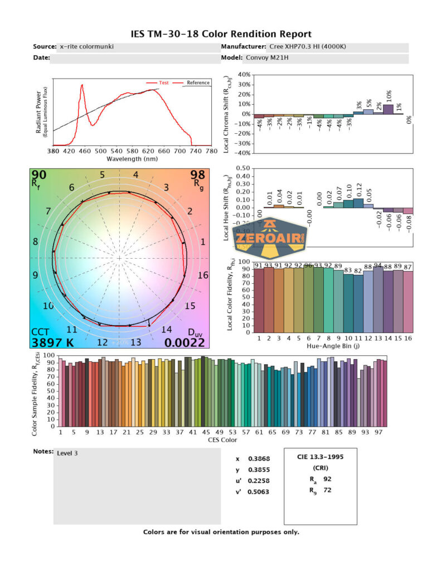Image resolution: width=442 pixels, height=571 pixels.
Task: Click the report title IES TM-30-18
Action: (x=221, y=35)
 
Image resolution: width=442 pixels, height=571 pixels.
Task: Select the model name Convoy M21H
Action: (x=266, y=57)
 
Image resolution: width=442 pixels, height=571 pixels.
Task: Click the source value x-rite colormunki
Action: (x=86, y=46)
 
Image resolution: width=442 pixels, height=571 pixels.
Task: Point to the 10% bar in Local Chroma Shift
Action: (x=388, y=109)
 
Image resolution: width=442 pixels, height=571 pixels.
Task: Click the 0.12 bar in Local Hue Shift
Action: (x=358, y=203)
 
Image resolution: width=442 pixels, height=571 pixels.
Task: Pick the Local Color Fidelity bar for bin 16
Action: (x=409, y=302)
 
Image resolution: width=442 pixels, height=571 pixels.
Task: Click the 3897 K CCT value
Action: (x=52, y=342)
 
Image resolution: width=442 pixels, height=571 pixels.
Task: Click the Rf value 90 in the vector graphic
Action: (x=39, y=176)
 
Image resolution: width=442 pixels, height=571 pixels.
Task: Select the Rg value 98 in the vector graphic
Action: (x=198, y=176)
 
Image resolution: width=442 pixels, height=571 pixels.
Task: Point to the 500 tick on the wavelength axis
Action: (x=100, y=151)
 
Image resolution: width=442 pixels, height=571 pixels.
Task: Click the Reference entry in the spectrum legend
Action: (x=198, y=83)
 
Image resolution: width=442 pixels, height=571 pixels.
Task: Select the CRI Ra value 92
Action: (x=327, y=478)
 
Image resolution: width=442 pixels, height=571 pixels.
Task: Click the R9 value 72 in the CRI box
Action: (x=327, y=491)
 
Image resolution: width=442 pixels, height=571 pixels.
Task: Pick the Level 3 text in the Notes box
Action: (x=67, y=453)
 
